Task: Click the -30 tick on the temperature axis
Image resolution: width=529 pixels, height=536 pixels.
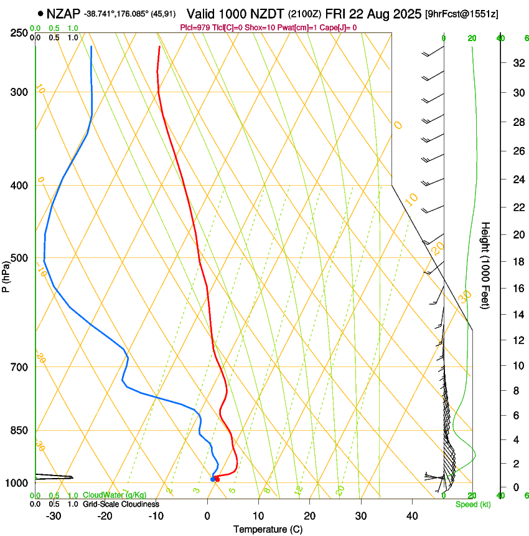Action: point(54,515)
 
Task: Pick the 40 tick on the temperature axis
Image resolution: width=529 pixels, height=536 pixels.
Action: point(411,515)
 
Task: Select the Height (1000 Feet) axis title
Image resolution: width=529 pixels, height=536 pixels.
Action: point(486,266)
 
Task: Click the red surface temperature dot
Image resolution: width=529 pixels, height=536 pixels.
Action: point(217,479)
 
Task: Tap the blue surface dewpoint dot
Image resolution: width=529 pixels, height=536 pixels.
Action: point(213,479)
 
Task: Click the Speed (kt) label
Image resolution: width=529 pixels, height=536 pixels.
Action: point(472,504)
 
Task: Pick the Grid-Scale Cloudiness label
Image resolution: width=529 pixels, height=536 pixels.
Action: point(121,504)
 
